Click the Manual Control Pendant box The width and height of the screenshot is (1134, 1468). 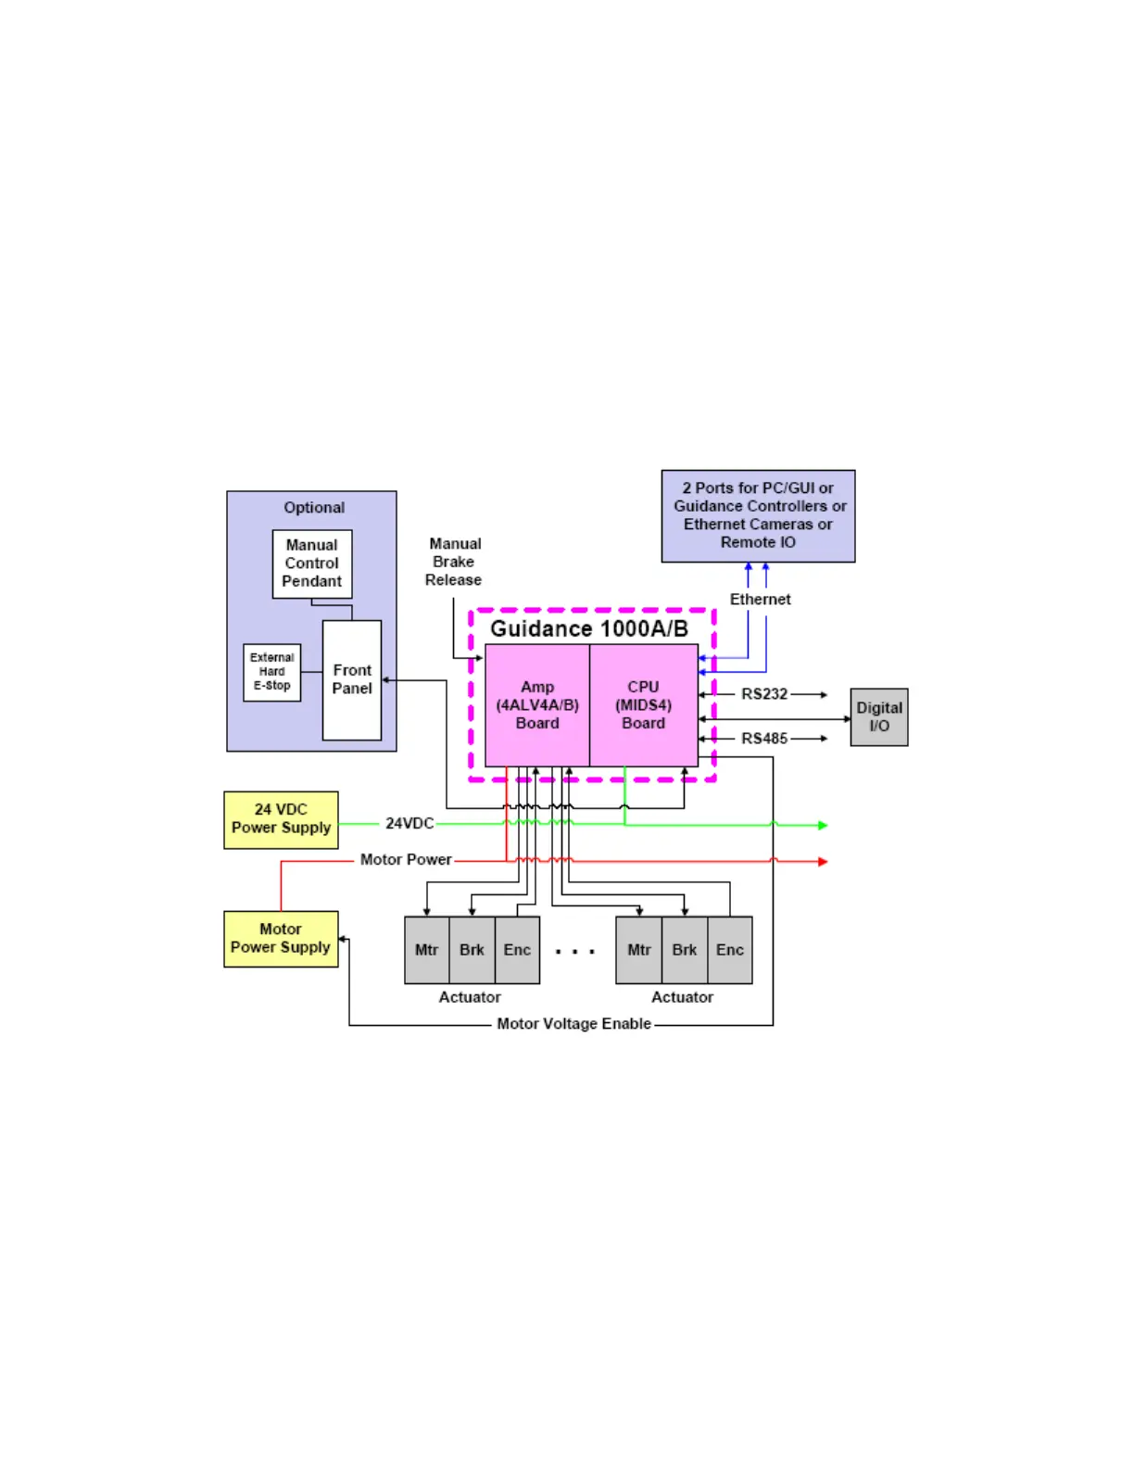click(311, 563)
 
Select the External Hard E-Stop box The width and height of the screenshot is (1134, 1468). click(271, 672)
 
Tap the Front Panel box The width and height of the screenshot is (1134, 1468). click(352, 679)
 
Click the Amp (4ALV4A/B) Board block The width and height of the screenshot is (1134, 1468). click(537, 705)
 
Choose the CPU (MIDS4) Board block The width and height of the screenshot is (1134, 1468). click(643, 705)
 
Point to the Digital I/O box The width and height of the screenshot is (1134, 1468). click(878, 717)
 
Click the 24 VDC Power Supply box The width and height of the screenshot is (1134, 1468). click(281, 819)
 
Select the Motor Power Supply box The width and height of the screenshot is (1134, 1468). click(281, 939)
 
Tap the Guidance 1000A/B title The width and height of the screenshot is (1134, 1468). click(589, 629)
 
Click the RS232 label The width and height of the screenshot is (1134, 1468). click(764, 694)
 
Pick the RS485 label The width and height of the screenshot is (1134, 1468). click(764, 739)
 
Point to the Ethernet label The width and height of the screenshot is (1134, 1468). click(760, 600)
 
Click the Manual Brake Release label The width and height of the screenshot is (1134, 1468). click(454, 562)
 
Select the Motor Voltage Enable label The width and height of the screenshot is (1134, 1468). click(573, 1024)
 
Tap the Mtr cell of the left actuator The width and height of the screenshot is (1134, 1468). click(426, 950)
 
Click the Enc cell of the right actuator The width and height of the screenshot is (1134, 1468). click(729, 950)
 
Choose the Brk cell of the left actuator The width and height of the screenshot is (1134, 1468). click(472, 950)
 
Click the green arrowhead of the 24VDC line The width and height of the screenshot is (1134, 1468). click(823, 825)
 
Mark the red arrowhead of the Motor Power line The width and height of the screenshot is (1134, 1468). click(823, 862)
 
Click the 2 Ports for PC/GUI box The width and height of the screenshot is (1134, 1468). click(758, 515)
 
